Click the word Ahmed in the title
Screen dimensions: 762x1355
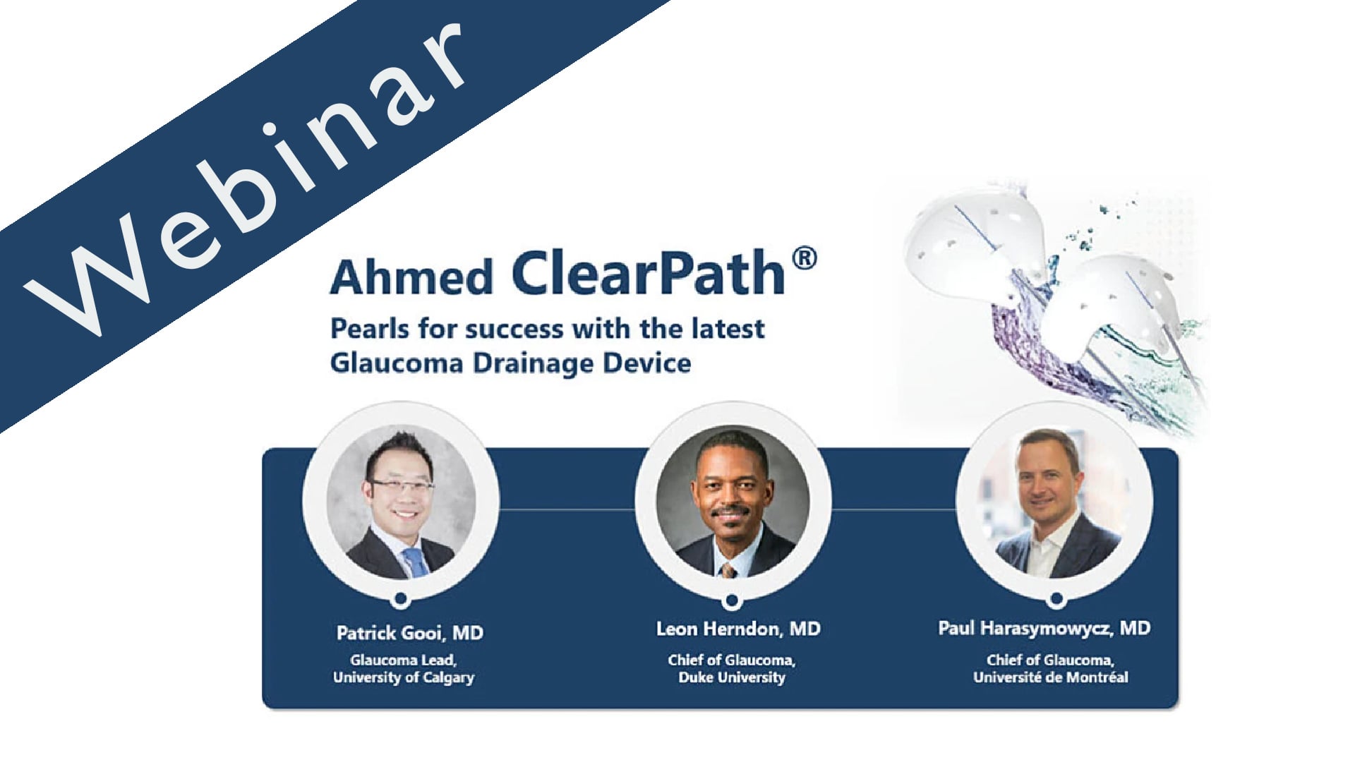[411, 277]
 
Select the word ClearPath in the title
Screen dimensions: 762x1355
[648, 273]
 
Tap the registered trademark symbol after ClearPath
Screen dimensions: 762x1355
[805, 259]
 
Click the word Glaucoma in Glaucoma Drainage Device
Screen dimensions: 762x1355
[397, 363]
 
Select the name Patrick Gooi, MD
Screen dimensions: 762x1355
[409, 633]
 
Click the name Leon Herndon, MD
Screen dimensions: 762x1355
[738, 629]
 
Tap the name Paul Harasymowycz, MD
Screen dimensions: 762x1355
[1044, 628]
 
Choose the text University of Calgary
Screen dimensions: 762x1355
[404, 677]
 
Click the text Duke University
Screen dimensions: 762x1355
[732, 677]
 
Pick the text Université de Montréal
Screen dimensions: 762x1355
[1050, 677]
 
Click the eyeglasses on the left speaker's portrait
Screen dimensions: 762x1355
[401, 486]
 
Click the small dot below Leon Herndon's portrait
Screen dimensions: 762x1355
[731, 600]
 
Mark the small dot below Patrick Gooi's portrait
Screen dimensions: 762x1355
[400, 599]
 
